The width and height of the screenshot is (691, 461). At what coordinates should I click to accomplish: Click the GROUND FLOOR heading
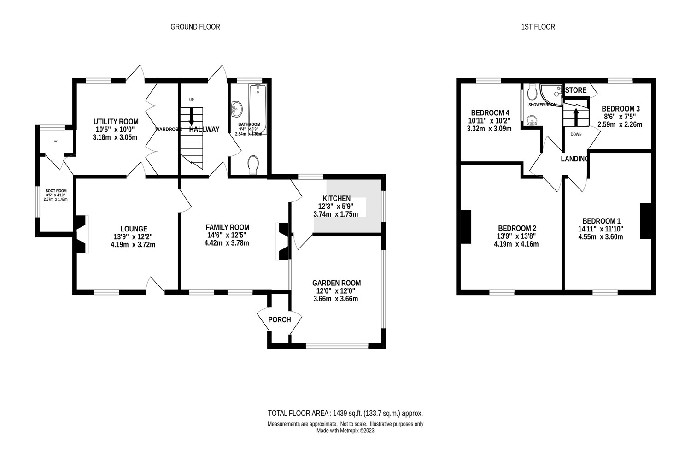pos(195,27)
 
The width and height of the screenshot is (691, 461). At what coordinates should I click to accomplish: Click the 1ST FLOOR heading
pos(538,27)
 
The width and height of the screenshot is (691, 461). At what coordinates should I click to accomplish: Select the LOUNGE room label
pos(134,229)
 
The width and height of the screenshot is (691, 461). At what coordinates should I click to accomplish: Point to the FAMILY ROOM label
pos(227,227)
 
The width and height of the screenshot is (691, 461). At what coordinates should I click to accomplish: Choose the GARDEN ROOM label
pos(336,283)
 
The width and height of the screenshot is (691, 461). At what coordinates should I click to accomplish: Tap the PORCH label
pos(279,319)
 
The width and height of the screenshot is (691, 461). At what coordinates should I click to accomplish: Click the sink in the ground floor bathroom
pos(237,110)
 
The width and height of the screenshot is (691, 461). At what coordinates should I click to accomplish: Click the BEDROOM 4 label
pos(490,113)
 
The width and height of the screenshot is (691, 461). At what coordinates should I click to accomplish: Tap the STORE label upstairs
pos(576,90)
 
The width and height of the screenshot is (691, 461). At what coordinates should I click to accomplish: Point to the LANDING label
pos(574,159)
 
